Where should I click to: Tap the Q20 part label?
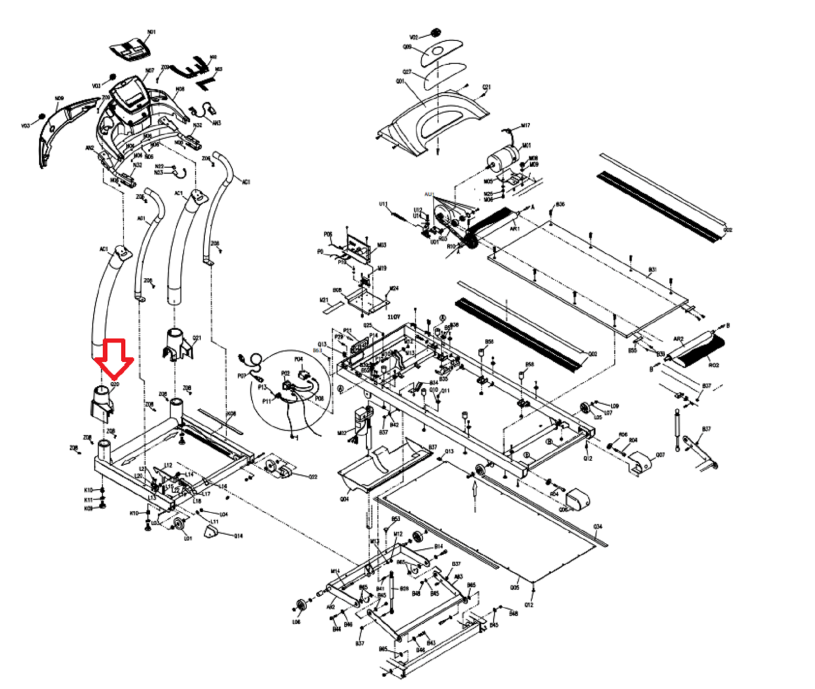pos(115,384)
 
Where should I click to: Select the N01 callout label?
pos(151,32)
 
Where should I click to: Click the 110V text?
pos(394,317)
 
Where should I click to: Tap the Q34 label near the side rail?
pos(597,526)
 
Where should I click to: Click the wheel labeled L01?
pos(179,525)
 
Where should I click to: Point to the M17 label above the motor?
pos(525,125)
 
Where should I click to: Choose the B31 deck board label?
pos(653,269)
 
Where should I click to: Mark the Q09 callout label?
pos(407,47)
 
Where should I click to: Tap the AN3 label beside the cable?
pos(216,123)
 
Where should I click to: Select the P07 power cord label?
pos(241,376)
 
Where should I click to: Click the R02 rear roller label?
pos(714,365)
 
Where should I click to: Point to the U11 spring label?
pos(384,204)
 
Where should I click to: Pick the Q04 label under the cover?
pos(344,499)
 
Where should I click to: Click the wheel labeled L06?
pos(301,605)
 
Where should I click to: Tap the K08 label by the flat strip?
pos(231,414)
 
